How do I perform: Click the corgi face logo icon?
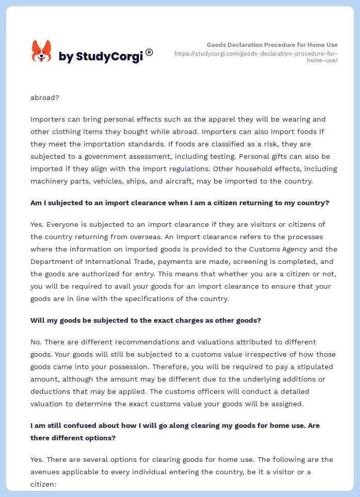(41, 52)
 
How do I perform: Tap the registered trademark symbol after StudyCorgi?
(149, 52)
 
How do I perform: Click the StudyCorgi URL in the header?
(256, 57)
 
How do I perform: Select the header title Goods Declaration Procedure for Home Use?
(272, 45)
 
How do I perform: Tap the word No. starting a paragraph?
(36, 342)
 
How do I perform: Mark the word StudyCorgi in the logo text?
(109, 57)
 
